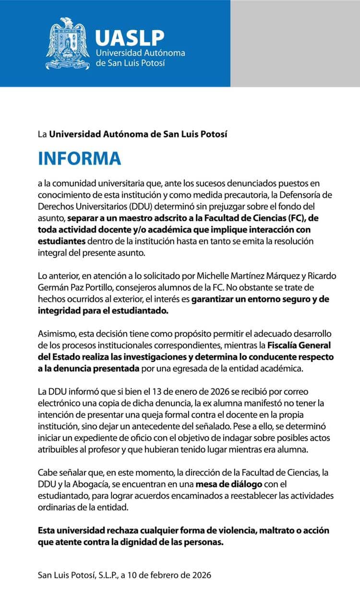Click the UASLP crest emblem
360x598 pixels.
pyautogui.click(x=68, y=44)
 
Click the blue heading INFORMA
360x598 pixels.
pyautogui.click(x=80, y=158)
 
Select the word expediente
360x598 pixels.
pyautogui.click(x=98, y=438)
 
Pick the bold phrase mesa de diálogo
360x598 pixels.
pyautogui.click(x=229, y=484)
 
